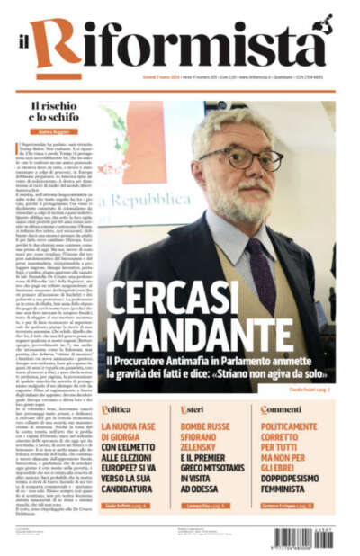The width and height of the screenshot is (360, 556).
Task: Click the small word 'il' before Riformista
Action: pos(33,46)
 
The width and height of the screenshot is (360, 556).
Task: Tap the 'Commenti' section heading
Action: pos(280,409)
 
